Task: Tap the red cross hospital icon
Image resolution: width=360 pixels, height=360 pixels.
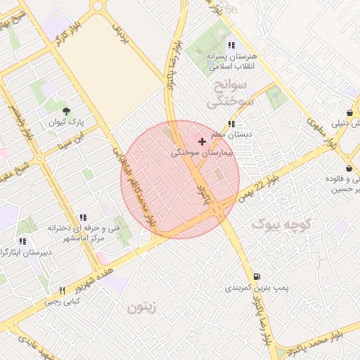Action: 202,141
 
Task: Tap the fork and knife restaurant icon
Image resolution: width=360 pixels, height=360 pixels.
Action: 62,290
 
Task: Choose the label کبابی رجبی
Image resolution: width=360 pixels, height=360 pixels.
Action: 63,302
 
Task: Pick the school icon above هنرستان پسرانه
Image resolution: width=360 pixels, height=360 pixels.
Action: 231,45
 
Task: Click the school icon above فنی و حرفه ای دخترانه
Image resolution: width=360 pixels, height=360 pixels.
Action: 83,218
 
